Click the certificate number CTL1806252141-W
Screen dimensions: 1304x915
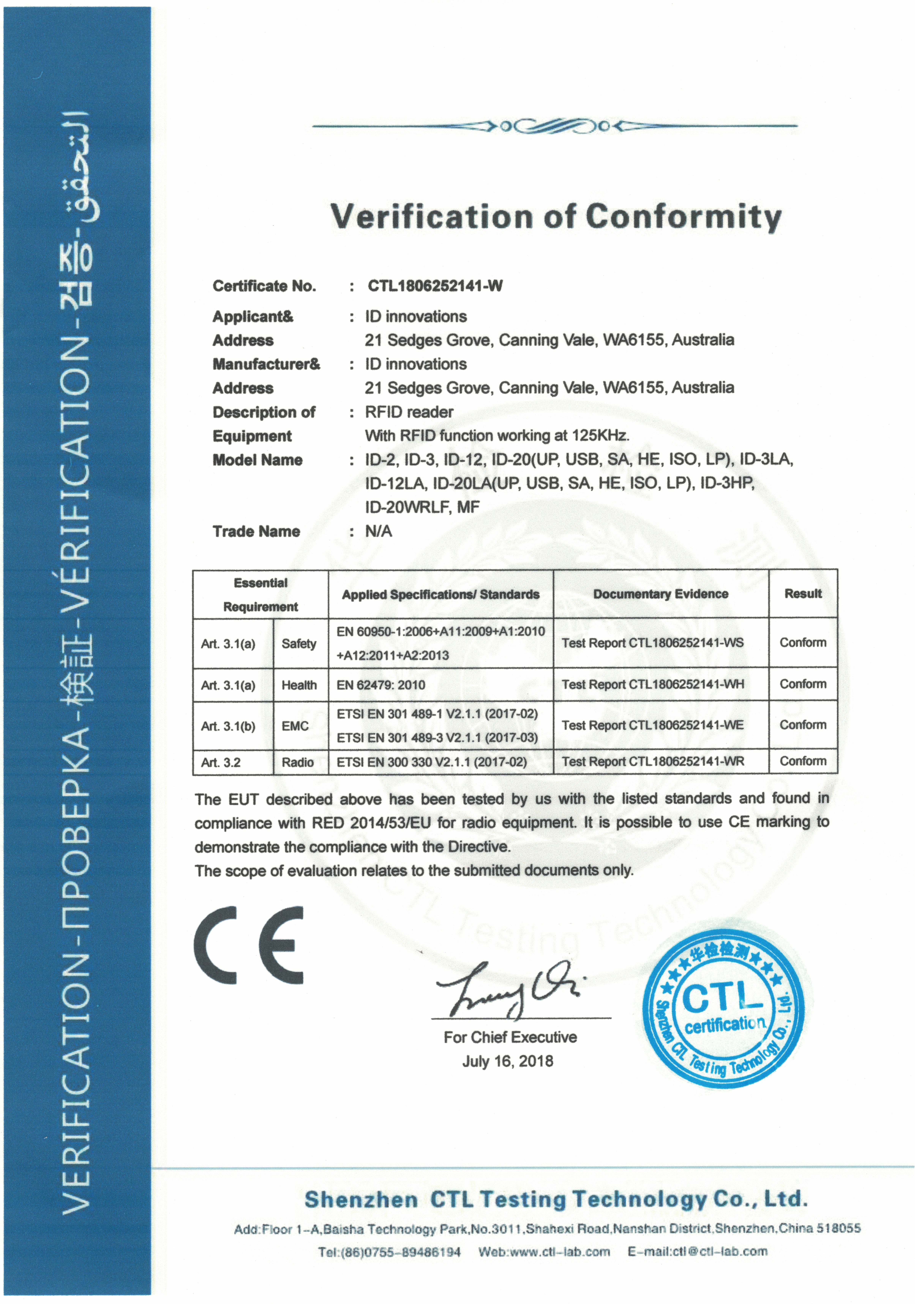435,286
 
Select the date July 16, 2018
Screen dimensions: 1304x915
508,1061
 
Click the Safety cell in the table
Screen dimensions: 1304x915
299,644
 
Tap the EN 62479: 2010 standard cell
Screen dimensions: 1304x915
381,685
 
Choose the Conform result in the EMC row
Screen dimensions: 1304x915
802,725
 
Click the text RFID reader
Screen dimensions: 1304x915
409,412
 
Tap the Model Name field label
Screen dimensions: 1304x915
257,460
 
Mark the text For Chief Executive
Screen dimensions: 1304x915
510,1037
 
